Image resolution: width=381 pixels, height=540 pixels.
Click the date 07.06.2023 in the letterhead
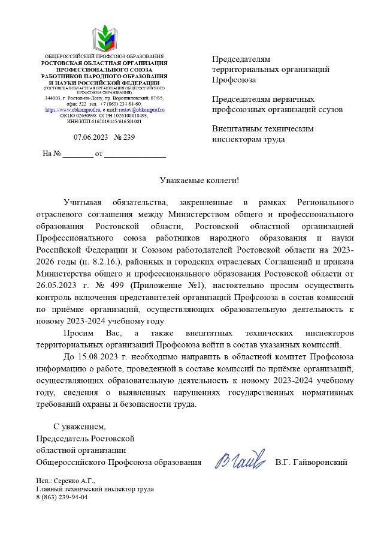tap(90, 137)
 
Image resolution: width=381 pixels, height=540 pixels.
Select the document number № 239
tap(124, 137)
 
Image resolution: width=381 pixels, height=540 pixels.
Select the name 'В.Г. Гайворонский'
tap(311, 462)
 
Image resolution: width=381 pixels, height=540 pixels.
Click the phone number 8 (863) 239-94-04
tap(62, 497)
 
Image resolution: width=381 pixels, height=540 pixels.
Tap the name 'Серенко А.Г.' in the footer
tap(75, 481)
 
